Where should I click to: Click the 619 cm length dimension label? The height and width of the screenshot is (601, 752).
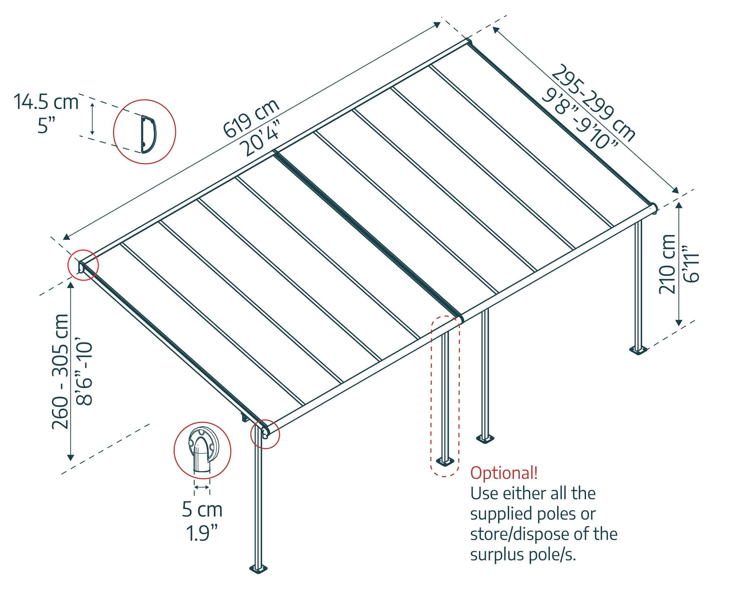(x=250, y=118)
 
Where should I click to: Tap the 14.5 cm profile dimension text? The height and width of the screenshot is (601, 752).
(x=46, y=102)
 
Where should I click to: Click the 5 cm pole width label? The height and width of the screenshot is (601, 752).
(x=202, y=509)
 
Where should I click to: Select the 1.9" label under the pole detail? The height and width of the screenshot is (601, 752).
(x=202, y=533)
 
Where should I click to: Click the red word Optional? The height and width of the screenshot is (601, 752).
(x=504, y=473)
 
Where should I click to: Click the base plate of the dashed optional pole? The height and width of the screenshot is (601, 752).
(x=445, y=460)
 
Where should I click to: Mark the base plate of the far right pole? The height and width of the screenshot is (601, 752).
(x=638, y=349)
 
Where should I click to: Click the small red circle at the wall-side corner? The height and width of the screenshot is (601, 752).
(x=83, y=265)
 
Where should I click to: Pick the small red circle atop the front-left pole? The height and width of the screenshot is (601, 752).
(x=265, y=434)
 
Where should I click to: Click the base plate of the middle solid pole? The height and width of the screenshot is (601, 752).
(x=485, y=438)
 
